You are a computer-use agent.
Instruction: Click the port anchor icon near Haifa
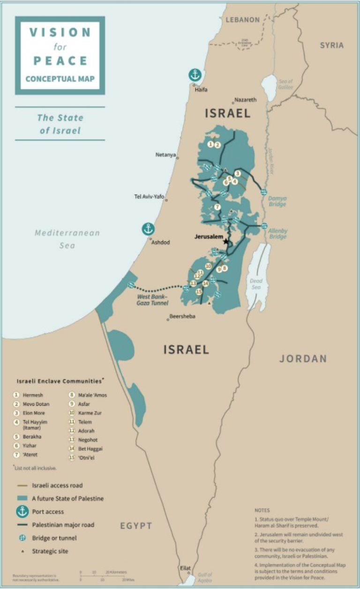pos(195,75)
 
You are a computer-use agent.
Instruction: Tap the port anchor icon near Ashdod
pos(148,229)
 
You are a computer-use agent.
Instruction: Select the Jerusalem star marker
pos(227,242)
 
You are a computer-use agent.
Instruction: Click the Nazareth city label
pos(246,100)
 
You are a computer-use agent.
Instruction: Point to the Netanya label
pos(165,154)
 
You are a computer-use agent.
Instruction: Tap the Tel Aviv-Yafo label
pos(149,196)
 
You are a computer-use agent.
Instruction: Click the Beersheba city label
pos(182,317)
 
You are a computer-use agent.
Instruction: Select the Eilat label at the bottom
pos(185,568)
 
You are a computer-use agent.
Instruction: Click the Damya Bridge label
pos(277,201)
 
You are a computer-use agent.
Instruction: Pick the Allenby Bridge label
pos(277,234)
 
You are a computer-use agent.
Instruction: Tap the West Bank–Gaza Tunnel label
pos(152,300)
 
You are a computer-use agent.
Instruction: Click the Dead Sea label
pos(256,284)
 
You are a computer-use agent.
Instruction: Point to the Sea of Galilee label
pos(285,84)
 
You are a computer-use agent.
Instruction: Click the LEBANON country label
pos(242,20)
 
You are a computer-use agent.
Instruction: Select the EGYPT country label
pos(136,526)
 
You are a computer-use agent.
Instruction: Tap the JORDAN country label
pos(303,359)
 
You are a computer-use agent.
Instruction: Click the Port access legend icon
pos(22,512)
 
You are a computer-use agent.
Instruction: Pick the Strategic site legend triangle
pos(22,551)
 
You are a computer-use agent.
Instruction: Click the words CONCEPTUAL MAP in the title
pos(60,79)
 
